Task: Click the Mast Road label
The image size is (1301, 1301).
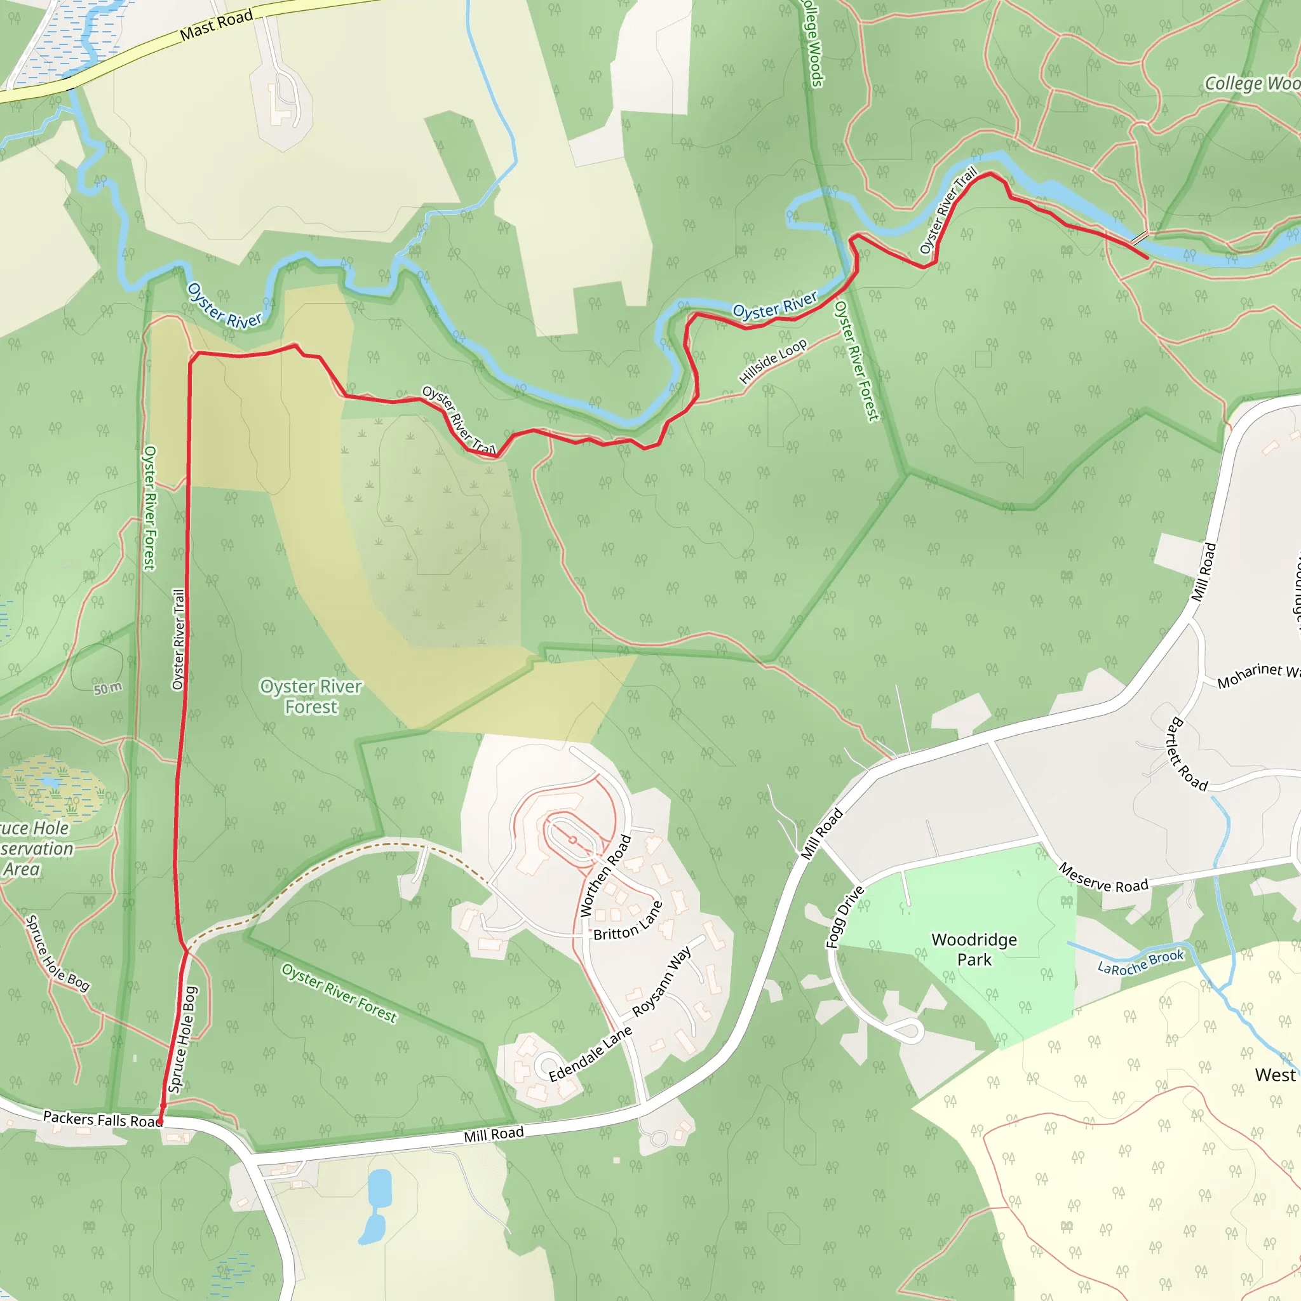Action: pos(216,24)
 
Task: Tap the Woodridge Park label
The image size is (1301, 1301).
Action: pos(974,949)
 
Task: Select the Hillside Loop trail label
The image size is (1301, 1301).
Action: pos(772,361)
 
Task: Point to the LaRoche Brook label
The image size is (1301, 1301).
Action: pos(1140,962)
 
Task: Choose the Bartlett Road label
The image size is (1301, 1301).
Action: pos(1186,753)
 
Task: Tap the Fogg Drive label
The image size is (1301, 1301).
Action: pos(844,917)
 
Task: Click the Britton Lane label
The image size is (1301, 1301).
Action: pos(628,922)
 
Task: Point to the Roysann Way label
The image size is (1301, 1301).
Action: pos(662,981)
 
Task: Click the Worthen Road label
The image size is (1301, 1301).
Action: pos(605,875)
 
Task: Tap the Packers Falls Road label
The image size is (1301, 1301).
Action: pos(102,1119)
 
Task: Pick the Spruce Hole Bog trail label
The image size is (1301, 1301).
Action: pos(183,1040)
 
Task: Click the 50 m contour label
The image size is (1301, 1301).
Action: pos(108,688)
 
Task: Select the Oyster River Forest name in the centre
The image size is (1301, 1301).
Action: pos(311,696)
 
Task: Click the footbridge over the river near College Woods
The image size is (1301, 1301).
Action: pos(1140,238)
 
